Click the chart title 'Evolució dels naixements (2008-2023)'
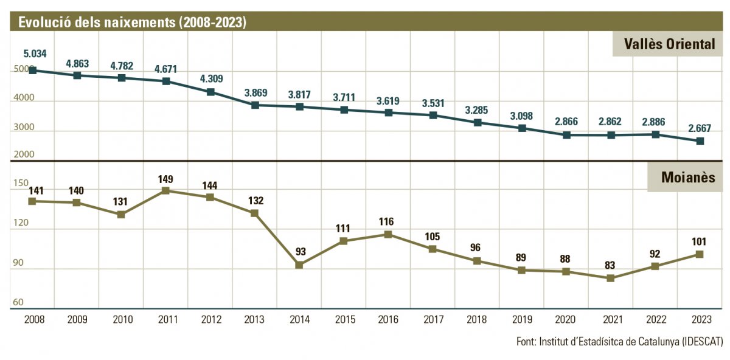click(x=132, y=22)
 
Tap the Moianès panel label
click(x=684, y=178)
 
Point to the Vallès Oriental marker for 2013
click(x=255, y=105)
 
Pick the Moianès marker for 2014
click(x=299, y=265)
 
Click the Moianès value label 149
click(x=165, y=179)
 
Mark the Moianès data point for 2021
click(x=611, y=279)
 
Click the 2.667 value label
click(x=700, y=128)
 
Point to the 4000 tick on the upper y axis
click(x=24, y=99)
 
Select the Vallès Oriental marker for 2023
click(x=700, y=141)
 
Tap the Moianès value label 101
click(x=700, y=241)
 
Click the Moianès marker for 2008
click(x=33, y=201)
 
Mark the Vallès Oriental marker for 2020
click(x=566, y=135)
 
